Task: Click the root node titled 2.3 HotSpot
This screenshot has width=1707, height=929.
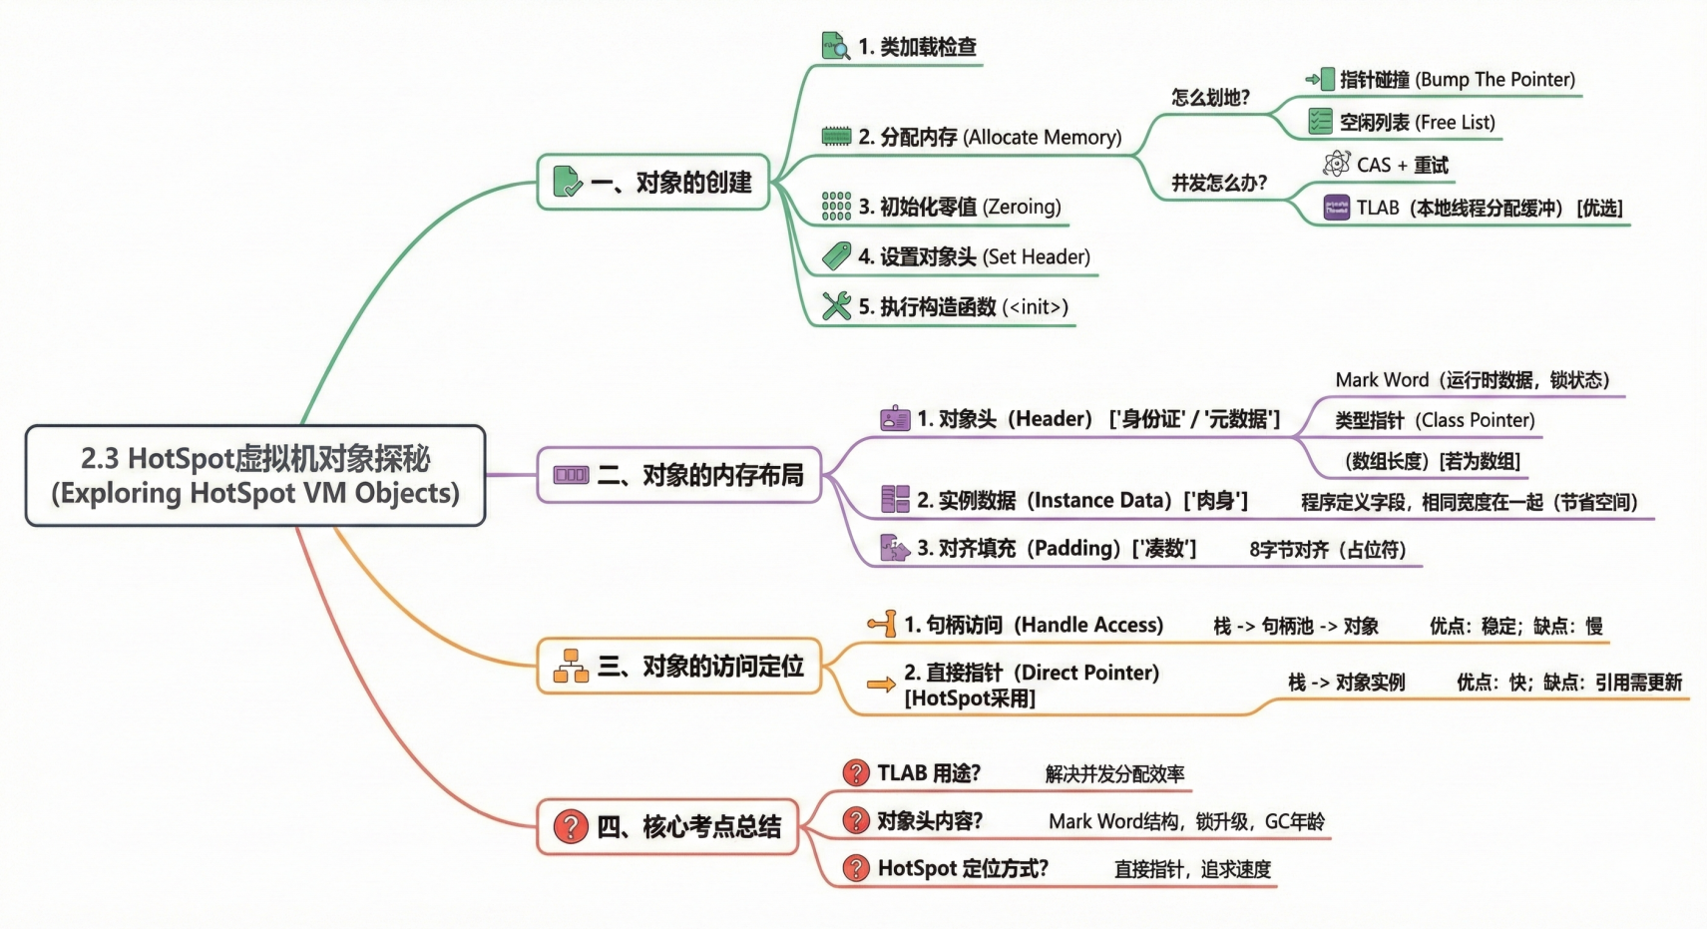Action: coord(255,476)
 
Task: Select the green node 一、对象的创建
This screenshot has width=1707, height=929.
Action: coord(653,183)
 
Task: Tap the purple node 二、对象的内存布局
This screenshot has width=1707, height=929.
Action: coord(679,475)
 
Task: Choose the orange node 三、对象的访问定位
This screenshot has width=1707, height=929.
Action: coord(679,666)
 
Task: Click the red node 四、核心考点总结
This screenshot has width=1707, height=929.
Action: coord(667,826)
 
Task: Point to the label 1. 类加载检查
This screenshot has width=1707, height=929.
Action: coord(917,47)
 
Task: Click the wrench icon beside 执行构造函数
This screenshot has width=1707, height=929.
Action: coord(836,305)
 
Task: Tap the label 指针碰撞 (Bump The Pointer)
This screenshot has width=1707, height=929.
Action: coord(1457,80)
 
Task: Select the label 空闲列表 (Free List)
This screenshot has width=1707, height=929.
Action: coord(1417,123)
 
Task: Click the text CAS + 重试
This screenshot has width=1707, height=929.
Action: coord(1402,166)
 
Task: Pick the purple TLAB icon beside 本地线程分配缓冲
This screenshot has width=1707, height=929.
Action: coord(1336,208)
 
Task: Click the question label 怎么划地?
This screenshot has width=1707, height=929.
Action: coord(1210,98)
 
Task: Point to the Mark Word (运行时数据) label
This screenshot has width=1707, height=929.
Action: coord(1472,380)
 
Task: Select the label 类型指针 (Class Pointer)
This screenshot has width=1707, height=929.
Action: coord(1435,420)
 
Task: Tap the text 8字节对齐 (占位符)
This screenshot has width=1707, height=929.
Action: coord(1327,550)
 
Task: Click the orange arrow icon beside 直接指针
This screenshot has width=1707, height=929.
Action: coord(880,685)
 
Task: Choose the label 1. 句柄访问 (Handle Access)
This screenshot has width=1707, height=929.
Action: coord(1033,626)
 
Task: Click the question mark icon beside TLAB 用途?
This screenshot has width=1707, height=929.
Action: coord(855,773)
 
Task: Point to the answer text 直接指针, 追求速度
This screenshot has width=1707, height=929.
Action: coord(1192,869)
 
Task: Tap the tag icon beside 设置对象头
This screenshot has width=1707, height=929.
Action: coord(836,256)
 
